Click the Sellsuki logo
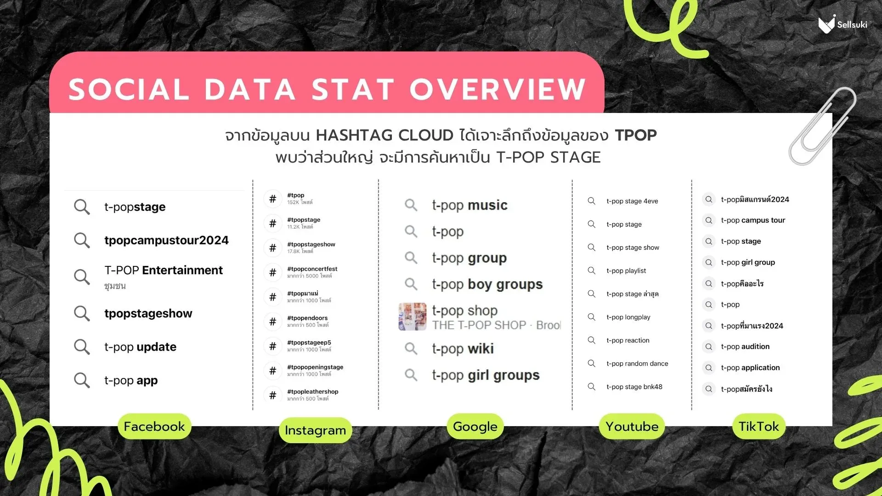pyautogui.click(x=842, y=24)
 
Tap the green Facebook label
pyautogui.click(x=154, y=427)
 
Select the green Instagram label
pyautogui.click(x=315, y=430)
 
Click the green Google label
pyautogui.click(x=475, y=427)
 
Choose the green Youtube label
pyautogui.click(x=632, y=427)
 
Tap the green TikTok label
pyautogui.click(x=758, y=427)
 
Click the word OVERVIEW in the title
pyautogui.click(x=498, y=89)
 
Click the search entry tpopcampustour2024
pyautogui.click(x=166, y=240)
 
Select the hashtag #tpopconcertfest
pyautogui.click(x=312, y=269)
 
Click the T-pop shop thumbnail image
pyautogui.click(x=412, y=317)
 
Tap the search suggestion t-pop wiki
pyautogui.click(x=463, y=349)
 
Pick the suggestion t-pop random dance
pyautogui.click(x=637, y=364)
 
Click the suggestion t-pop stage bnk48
pyautogui.click(x=634, y=387)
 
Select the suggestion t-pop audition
pyautogui.click(x=745, y=347)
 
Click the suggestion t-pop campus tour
pyautogui.click(x=752, y=220)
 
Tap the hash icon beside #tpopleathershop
pyautogui.click(x=273, y=395)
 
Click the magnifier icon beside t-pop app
pyautogui.click(x=82, y=380)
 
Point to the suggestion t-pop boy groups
pyautogui.click(x=487, y=285)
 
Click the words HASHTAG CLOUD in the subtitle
pyautogui.click(x=384, y=135)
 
